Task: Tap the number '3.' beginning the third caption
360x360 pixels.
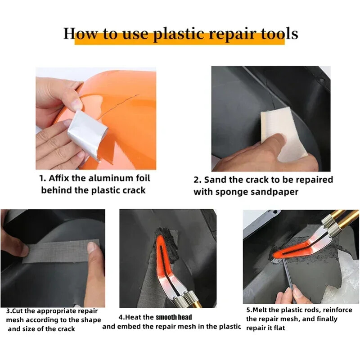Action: coord(9,311)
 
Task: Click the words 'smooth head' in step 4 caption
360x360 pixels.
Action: coord(174,317)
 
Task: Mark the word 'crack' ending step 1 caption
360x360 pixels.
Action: coord(134,190)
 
